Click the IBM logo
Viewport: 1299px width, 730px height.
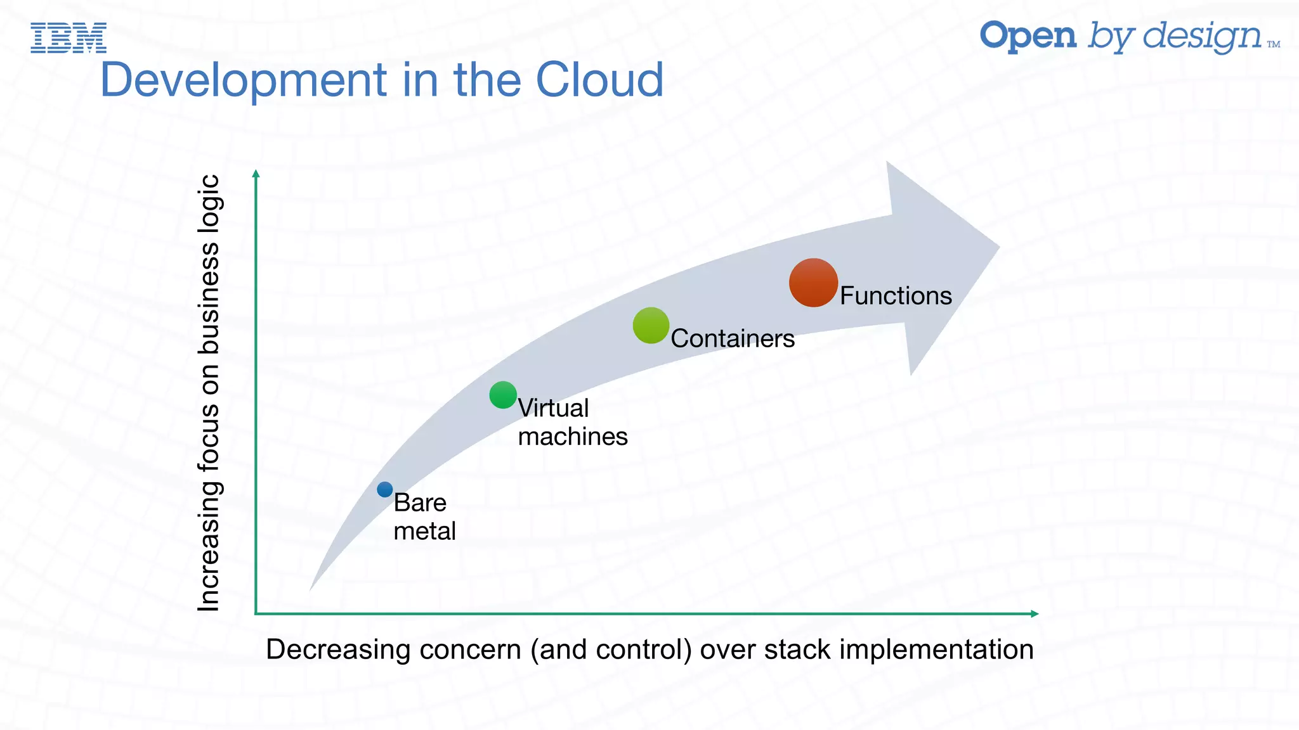point(69,37)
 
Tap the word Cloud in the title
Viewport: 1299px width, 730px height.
point(599,80)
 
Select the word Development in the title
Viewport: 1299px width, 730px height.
point(244,80)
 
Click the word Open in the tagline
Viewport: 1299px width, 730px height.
point(1028,37)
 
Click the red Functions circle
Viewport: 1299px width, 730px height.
point(813,283)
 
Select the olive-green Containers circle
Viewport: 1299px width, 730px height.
point(651,326)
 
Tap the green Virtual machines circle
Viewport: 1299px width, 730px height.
point(503,395)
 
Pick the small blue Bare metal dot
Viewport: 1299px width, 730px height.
point(385,489)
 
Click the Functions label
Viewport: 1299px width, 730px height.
point(896,296)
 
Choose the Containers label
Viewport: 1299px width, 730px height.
point(733,338)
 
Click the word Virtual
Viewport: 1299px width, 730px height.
point(554,408)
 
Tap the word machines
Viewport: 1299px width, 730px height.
point(573,437)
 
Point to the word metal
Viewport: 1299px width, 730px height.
point(424,531)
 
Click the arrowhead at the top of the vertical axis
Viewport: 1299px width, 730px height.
point(256,174)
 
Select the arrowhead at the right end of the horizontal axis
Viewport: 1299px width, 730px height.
point(1034,613)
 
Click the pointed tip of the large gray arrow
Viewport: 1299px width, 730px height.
point(998,248)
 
